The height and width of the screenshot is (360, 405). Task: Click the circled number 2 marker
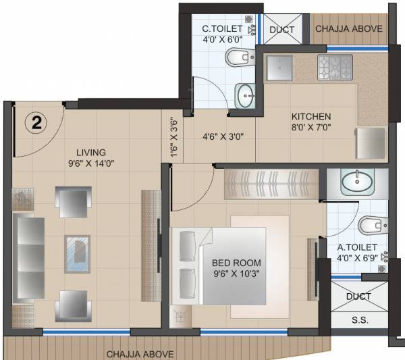click(35, 122)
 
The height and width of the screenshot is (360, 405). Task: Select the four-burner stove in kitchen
click(335, 66)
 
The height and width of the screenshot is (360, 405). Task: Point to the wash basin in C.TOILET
click(245, 95)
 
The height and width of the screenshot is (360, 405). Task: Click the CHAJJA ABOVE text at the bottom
click(140, 354)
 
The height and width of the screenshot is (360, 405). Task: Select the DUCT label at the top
click(281, 30)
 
